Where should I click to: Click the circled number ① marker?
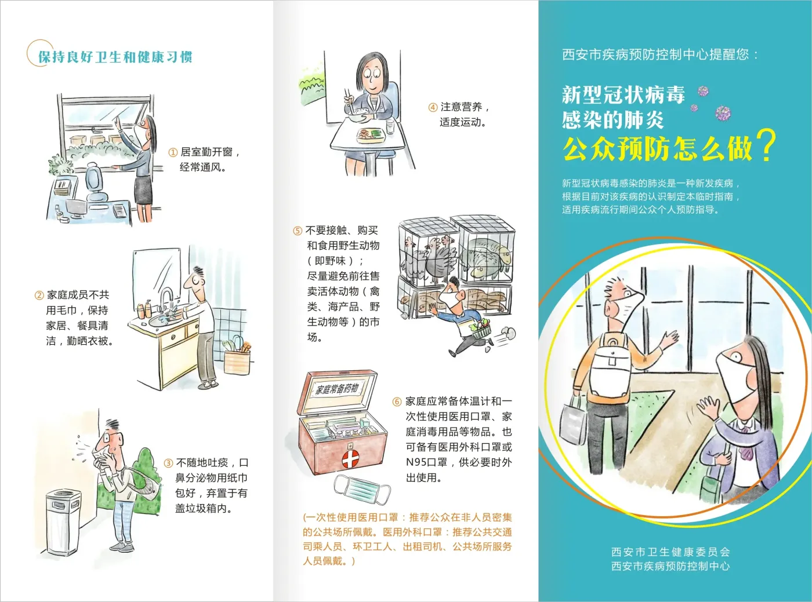(173, 152)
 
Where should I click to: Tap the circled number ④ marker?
(433, 108)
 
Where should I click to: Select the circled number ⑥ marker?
(397, 402)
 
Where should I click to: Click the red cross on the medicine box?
(350, 459)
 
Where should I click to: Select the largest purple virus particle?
(723, 113)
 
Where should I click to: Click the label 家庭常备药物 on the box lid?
(336, 388)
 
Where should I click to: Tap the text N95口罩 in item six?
(426, 462)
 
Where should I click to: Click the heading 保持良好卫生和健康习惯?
(115, 57)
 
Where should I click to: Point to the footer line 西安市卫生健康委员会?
(670, 552)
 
